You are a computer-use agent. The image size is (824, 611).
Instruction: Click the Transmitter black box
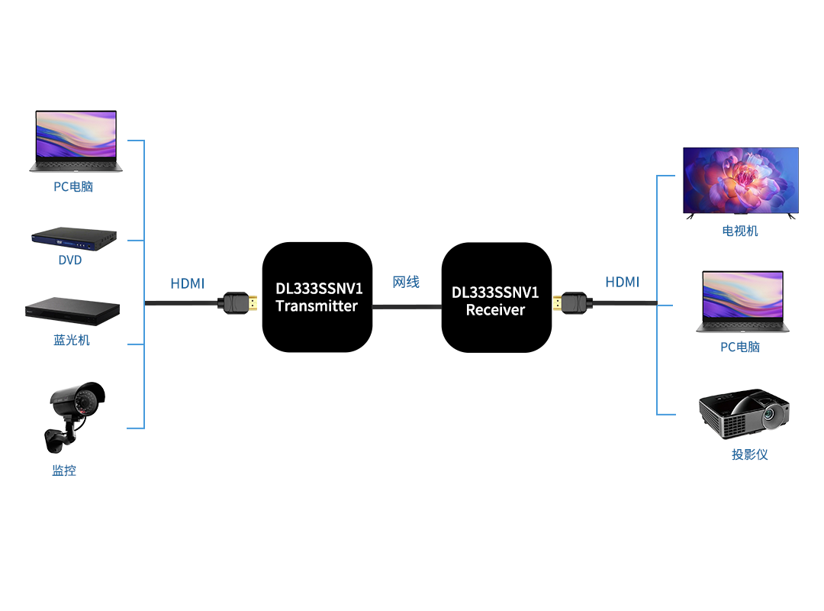pos(317,297)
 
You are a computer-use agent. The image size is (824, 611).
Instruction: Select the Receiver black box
pos(496,297)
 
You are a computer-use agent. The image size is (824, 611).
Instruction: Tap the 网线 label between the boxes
pos(406,283)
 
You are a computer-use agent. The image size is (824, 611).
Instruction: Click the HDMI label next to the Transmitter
pos(188,283)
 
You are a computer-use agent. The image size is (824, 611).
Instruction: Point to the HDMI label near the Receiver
pos(623,282)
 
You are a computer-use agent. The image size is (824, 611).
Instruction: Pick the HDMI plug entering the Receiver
pos(573,303)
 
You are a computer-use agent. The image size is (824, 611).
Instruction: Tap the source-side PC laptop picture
pos(76,141)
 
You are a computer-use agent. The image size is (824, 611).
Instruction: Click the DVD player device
pos(74,239)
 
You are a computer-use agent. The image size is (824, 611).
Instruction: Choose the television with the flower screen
pos(740,182)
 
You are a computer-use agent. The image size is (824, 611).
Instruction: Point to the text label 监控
pos(64,470)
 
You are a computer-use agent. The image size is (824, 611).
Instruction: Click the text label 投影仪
pos(749,454)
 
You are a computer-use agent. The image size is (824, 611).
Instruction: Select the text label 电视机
pos(740,231)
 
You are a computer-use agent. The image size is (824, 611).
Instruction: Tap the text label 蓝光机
pos(72,340)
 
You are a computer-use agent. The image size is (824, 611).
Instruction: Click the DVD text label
pos(70,260)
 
